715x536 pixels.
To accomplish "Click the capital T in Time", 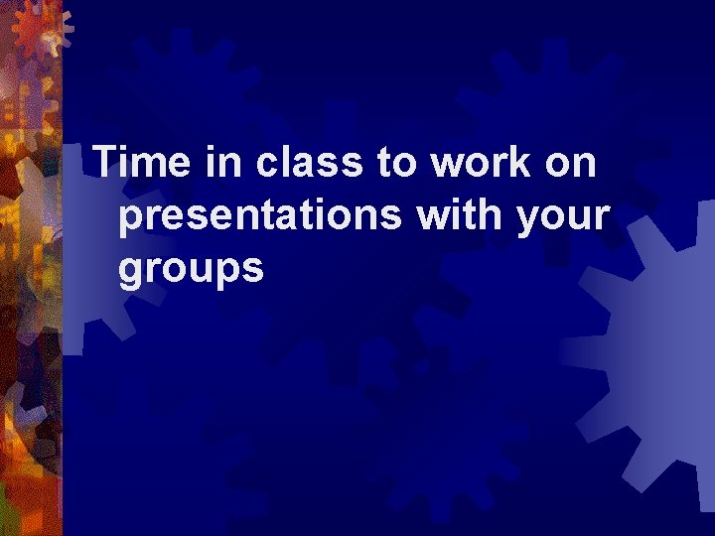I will (104, 163).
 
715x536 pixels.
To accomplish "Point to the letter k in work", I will (514, 163).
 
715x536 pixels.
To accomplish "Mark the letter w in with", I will (433, 215).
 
